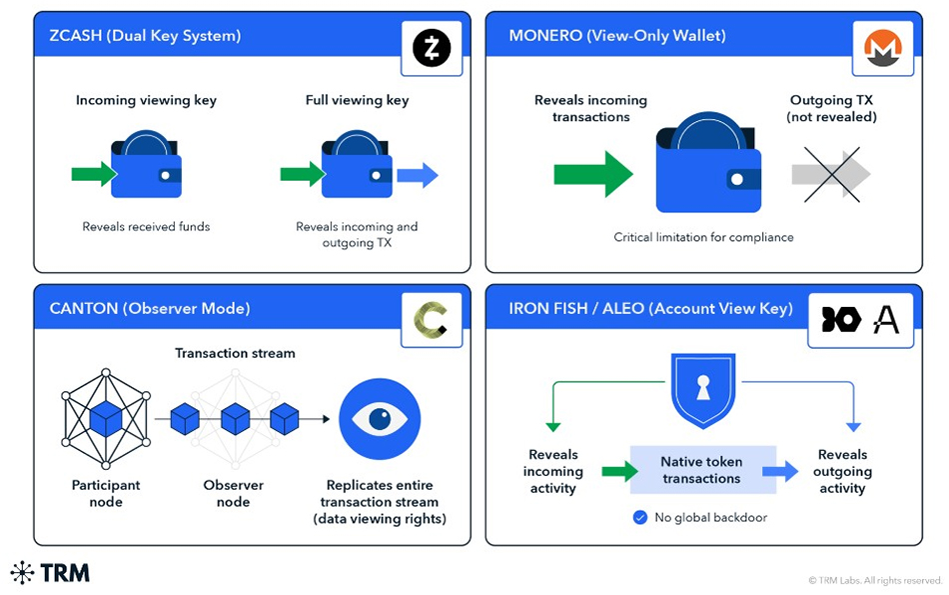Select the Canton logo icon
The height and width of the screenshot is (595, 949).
pyautogui.click(x=432, y=319)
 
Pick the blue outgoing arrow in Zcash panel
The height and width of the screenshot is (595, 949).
pyautogui.click(x=418, y=175)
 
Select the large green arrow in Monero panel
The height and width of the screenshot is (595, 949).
pyautogui.click(x=593, y=174)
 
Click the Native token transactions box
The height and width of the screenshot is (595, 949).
pyautogui.click(x=702, y=470)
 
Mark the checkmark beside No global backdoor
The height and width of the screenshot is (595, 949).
pyautogui.click(x=640, y=518)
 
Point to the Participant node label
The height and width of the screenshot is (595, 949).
pyautogui.click(x=106, y=493)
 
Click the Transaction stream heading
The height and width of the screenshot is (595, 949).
pyautogui.click(x=235, y=353)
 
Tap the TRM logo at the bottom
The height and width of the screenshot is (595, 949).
pyautogui.click(x=50, y=573)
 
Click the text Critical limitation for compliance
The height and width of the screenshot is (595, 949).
pyautogui.click(x=703, y=237)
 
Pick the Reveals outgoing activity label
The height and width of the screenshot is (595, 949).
pyautogui.click(x=842, y=471)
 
